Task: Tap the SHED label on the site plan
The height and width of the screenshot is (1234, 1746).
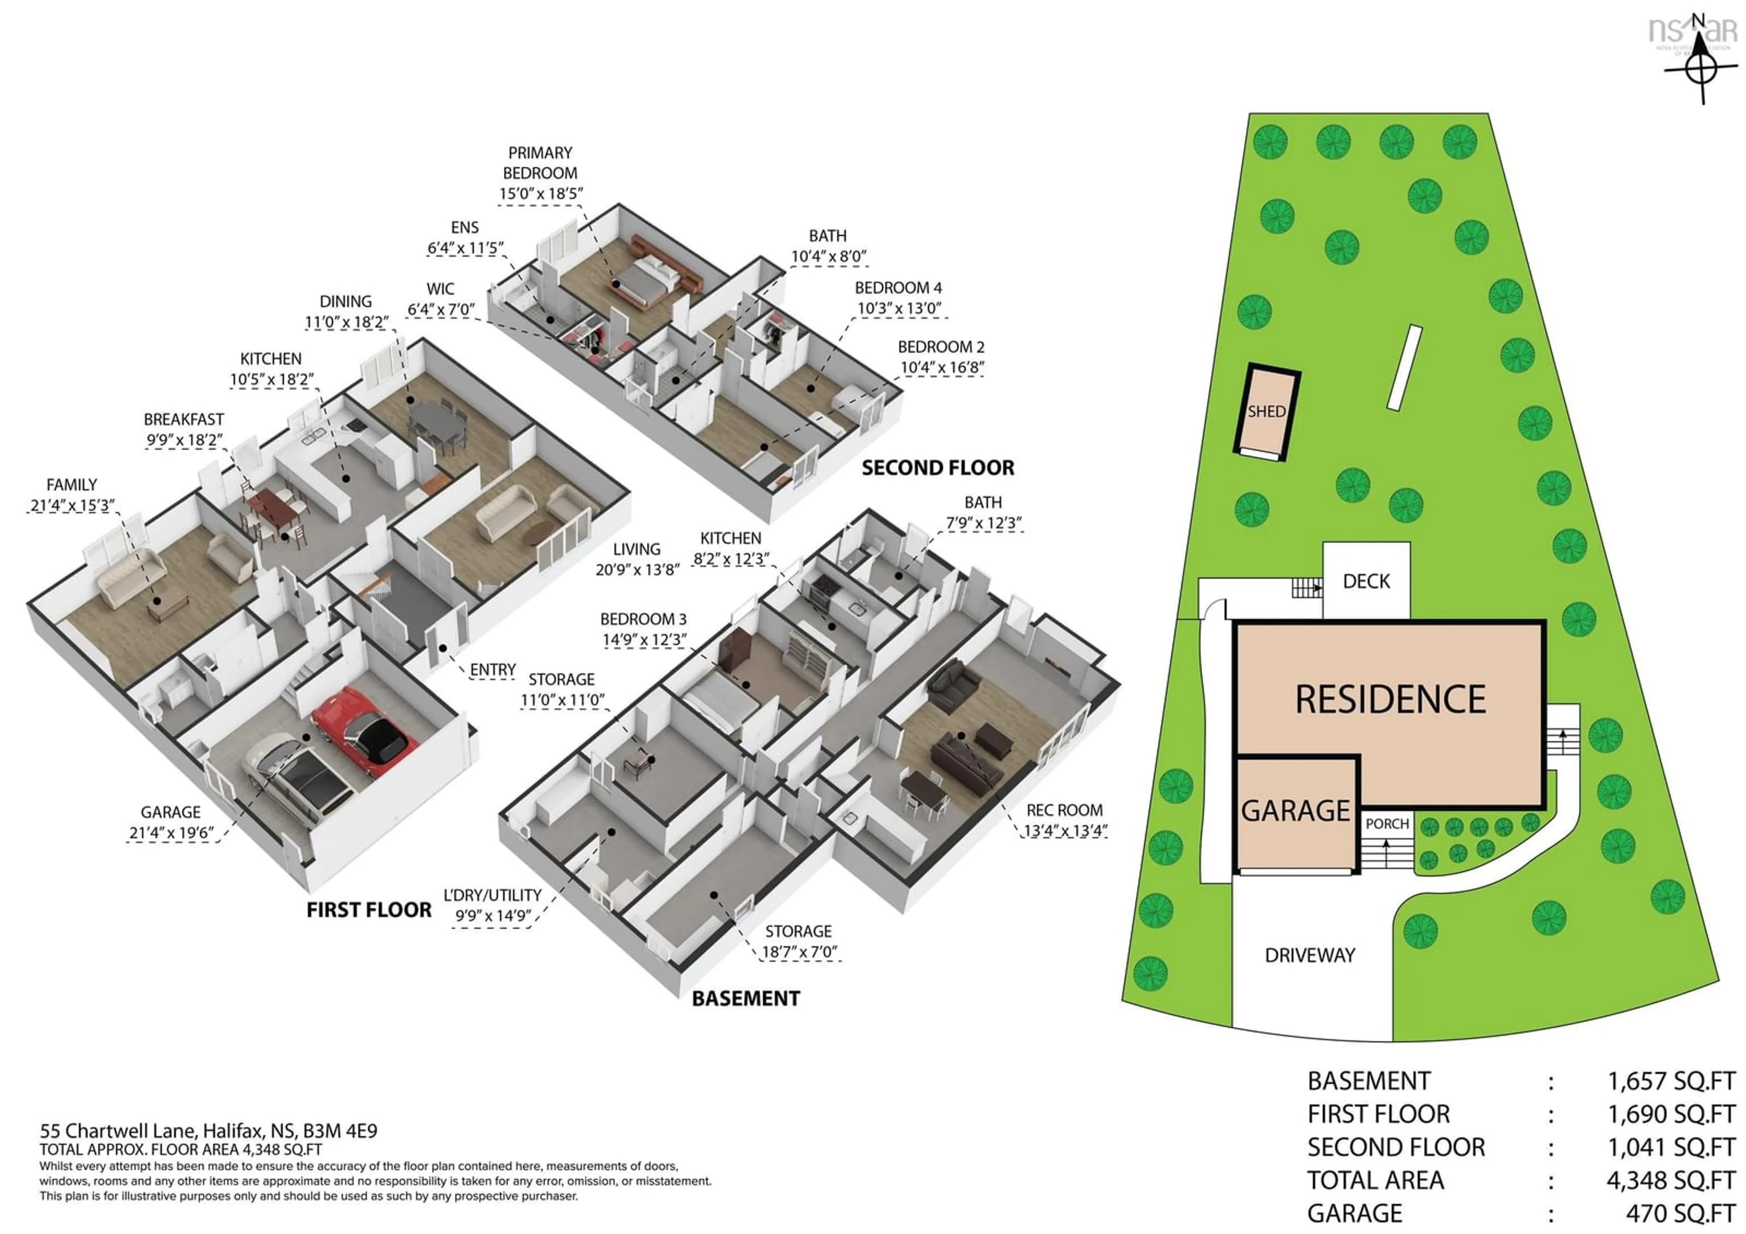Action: point(1266,411)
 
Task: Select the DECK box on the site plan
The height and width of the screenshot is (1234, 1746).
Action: point(1366,581)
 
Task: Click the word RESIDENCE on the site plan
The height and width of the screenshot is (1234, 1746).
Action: point(1390,699)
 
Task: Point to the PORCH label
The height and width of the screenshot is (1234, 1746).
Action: point(1387,823)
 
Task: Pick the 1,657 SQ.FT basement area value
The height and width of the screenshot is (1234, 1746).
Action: point(1671,1080)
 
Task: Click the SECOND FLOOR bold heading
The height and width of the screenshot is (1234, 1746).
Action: point(938,467)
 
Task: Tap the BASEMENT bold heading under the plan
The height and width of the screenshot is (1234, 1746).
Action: point(745,998)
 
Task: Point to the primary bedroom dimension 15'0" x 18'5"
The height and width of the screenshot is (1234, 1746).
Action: point(541,194)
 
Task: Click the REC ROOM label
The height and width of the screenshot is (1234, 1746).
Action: point(1064,810)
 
